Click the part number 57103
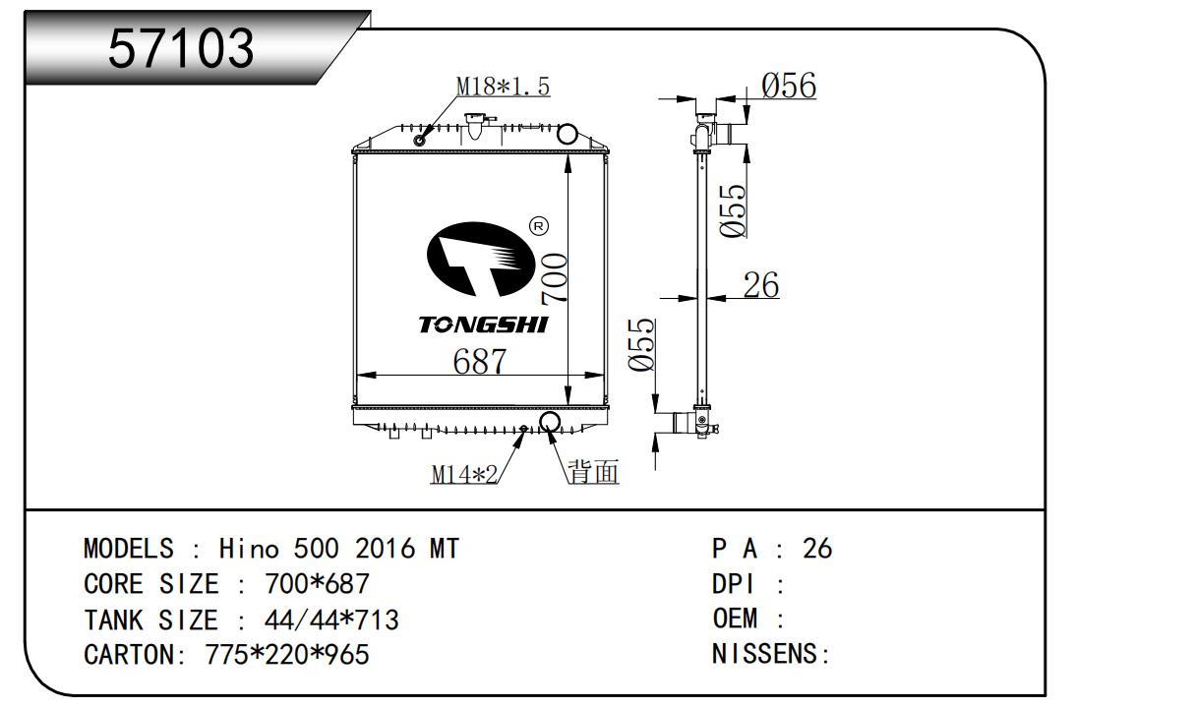pyautogui.click(x=181, y=46)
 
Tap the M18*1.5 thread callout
pyautogui.click(x=503, y=87)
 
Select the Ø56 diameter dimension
pyautogui.click(x=789, y=86)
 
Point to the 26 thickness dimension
pyautogui.click(x=760, y=285)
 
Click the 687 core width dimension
pyautogui.click(x=479, y=361)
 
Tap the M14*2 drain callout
pyautogui.click(x=463, y=474)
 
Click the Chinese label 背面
pyautogui.click(x=594, y=473)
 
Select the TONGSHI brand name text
pyautogui.click(x=483, y=324)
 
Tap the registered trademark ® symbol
pyautogui.click(x=538, y=226)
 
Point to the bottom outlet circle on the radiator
pyautogui.click(x=550, y=424)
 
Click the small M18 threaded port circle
pyautogui.click(x=420, y=139)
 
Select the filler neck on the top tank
pyautogui.click(x=477, y=125)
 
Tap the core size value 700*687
pyautogui.click(x=317, y=583)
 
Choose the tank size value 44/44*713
pyautogui.click(x=331, y=619)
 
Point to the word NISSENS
pyautogui.click(x=765, y=654)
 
